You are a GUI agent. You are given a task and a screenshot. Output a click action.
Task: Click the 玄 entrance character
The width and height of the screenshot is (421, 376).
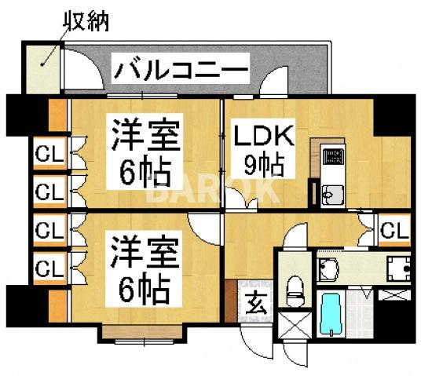coord(255,301)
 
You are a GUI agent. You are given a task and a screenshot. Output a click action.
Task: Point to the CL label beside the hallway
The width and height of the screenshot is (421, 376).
coord(394,230)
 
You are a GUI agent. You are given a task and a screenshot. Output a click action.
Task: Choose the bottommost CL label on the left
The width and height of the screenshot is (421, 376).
coord(49,268)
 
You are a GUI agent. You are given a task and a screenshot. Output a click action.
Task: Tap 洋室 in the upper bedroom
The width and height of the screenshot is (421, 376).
coord(145,132)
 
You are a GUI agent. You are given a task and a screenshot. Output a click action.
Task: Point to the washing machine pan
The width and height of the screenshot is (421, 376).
coord(398,269)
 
